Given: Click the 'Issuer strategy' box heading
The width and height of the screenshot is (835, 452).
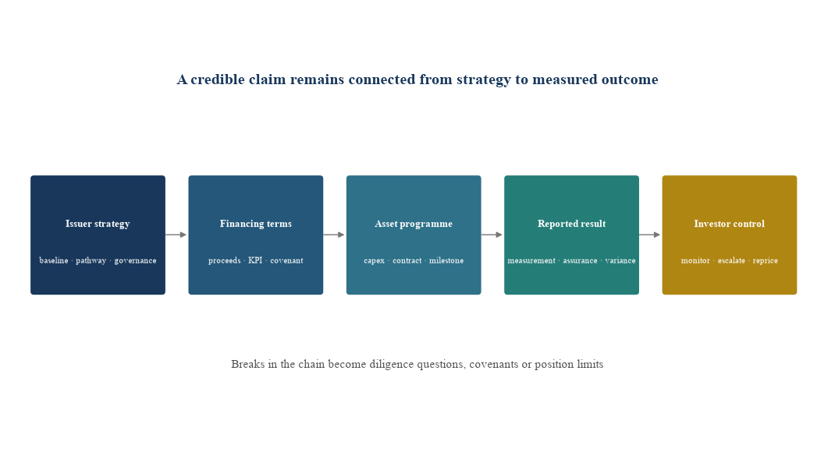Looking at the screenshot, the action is [x=98, y=224].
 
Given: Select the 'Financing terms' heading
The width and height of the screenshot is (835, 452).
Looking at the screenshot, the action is [x=256, y=224].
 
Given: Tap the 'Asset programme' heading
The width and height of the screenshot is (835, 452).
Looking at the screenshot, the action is [x=414, y=224].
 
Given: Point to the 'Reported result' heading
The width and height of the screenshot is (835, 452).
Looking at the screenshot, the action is [x=571, y=224].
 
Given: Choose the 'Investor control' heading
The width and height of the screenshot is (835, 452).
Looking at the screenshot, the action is [x=730, y=224].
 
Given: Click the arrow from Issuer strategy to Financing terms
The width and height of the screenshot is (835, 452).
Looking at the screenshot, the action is [x=176, y=235].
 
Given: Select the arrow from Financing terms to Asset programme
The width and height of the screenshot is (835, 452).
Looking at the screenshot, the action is [x=334, y=235].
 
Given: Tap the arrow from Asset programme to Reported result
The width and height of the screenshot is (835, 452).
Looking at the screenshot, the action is [x=492, y=235].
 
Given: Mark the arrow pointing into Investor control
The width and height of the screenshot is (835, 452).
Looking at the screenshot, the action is [x=650, y=235].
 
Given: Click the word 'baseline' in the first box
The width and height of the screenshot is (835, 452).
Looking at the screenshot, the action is [x=54, y=260].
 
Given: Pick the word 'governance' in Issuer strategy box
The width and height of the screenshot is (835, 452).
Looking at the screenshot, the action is [x=135, y=260].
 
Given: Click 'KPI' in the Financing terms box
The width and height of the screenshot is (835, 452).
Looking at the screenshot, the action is [x=256, y=260].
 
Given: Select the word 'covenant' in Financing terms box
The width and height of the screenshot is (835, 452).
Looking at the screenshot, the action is [x=286, y=260].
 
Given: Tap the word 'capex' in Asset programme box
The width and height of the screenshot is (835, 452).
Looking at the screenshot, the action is [x=375, y=260].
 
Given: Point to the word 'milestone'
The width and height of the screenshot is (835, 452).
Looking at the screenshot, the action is [x=446, y=260].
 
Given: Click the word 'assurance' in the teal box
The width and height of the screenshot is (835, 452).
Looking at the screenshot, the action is [x=580, y=260].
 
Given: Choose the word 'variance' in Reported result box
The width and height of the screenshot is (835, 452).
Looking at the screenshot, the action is [x=620, y=260].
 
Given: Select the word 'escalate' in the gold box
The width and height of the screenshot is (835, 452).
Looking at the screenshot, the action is [x=731, y=260].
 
